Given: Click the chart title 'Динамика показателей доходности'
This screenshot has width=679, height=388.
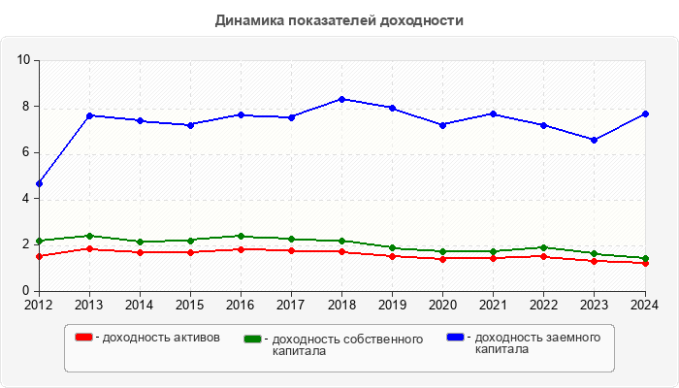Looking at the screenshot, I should (x=339, y=19).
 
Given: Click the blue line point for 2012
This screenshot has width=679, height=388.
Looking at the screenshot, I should (x=39, y=183).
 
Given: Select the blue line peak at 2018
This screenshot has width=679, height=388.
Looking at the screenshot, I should (x=341, y=99).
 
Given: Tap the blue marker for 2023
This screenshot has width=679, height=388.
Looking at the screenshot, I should (x=594, y=140).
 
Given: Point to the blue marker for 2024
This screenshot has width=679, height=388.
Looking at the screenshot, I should (x=644, y=113).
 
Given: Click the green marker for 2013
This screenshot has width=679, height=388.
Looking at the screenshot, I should (x=89, y=236).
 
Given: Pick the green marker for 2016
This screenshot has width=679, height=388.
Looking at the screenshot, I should (x=241, y=236).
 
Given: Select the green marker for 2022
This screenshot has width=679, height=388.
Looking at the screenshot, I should (x=543, y=247).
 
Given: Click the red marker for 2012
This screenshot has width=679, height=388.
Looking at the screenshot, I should (x=39, y=256).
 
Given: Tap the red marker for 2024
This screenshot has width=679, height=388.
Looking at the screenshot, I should (x=644, y=263).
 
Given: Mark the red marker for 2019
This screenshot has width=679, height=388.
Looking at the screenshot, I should (x=392, y=256).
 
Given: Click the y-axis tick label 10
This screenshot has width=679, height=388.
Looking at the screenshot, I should (x=24, y=60).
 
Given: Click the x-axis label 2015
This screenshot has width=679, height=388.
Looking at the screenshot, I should (x=190, y=304).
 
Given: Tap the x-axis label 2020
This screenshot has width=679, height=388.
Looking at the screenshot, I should (x=442, y=304).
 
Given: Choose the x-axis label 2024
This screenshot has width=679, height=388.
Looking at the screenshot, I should (x=644, y=304).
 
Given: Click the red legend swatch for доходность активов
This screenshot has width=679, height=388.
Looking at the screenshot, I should (x=83, y=338).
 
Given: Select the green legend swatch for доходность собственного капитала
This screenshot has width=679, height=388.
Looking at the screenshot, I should (x=252, y=339).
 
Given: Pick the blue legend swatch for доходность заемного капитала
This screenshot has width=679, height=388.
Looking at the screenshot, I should (x=455, y=338).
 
